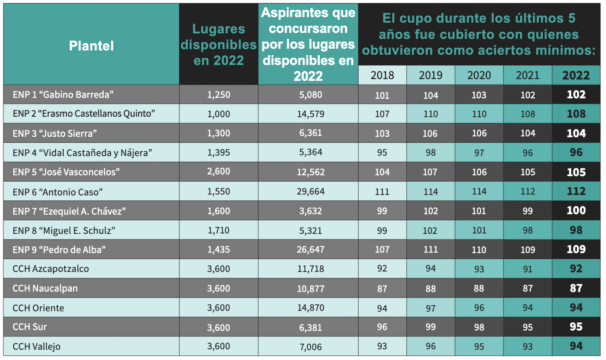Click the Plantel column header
[91, 46]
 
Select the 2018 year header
[382, 76]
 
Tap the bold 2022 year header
[576, 76]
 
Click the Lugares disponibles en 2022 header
[218, 45]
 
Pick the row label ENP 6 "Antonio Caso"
[58, 192]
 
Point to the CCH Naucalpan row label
[45, 288]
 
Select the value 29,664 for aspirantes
[311, 192]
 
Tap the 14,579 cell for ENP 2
[311, 114]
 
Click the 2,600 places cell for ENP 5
[218, 172]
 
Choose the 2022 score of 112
[576, 192]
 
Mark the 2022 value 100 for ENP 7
[576, 211]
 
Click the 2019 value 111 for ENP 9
[430, 250]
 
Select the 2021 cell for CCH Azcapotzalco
[527, 269]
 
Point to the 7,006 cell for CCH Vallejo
[311, 347]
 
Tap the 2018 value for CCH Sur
[382, 327]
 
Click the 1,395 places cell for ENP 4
[218, 153]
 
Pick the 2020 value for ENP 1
[479, 95]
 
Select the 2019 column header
[430, 76]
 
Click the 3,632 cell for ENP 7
[311, 211]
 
